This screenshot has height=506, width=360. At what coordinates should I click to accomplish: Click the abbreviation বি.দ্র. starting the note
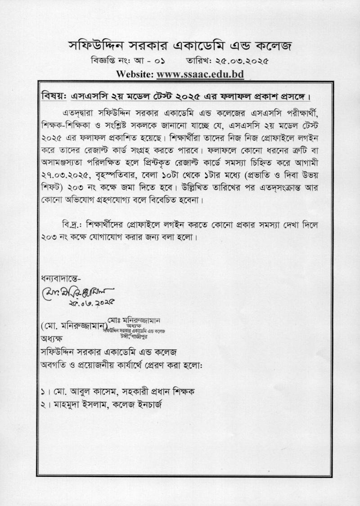tap(72, 223)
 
